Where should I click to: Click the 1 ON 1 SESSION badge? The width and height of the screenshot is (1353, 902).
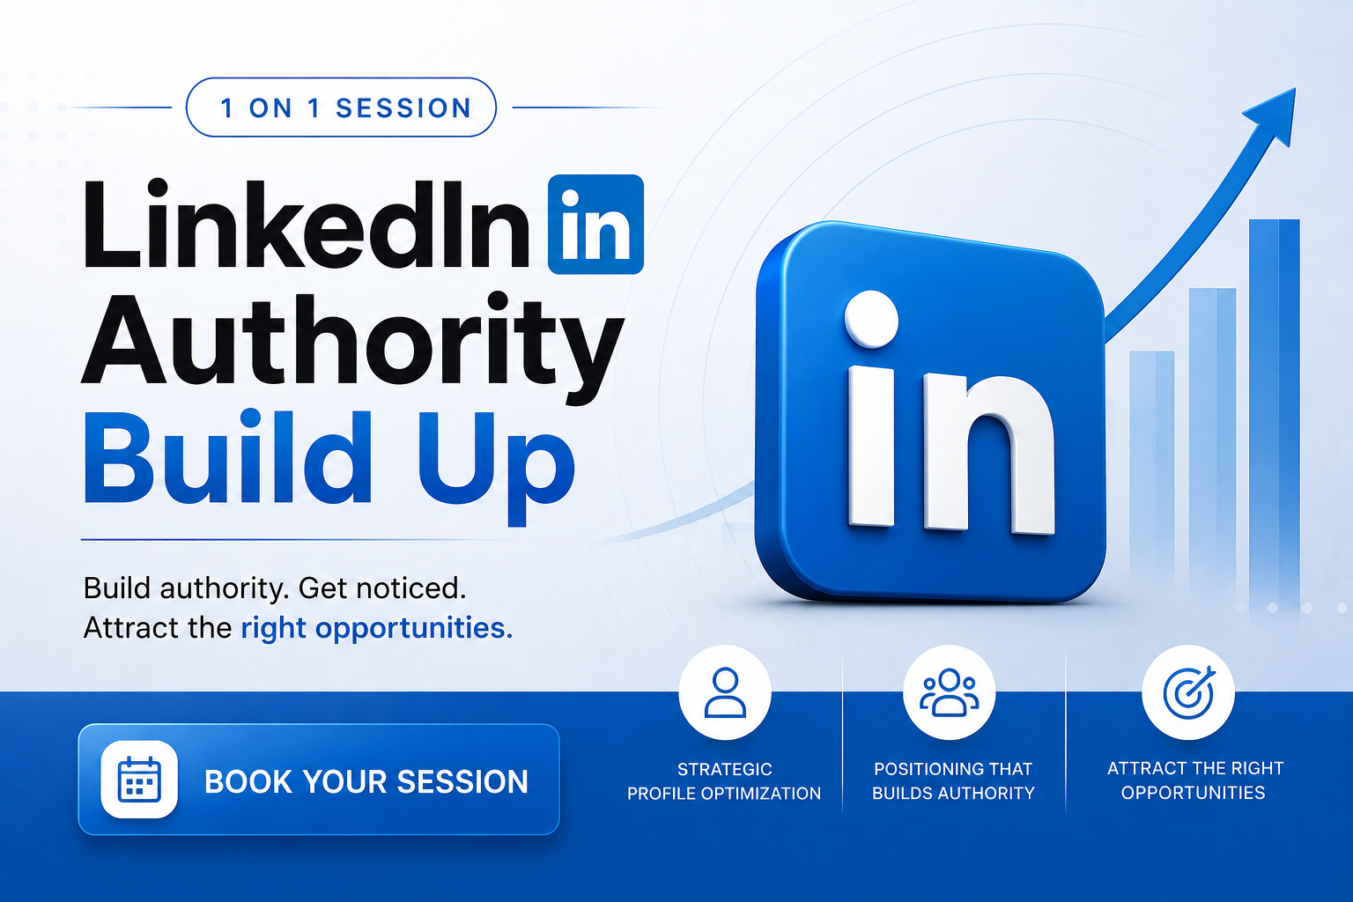341,107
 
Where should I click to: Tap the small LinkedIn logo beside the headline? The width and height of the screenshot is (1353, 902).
595,224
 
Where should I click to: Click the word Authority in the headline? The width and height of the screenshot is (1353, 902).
352,347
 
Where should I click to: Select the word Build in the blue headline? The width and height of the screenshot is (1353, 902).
227,456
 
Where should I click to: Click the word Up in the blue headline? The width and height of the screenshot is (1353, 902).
495,466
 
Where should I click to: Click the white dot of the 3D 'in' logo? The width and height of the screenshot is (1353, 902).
871,319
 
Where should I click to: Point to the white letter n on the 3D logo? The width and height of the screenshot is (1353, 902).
989,452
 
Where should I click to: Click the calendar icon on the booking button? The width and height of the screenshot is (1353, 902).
139,780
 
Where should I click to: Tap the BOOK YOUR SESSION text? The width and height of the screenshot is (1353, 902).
366,781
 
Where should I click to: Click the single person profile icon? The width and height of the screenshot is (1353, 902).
725,692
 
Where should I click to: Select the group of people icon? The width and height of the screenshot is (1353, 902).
949,692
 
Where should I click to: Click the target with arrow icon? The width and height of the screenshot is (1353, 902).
1188,692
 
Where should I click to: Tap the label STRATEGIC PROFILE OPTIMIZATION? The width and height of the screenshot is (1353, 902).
724,780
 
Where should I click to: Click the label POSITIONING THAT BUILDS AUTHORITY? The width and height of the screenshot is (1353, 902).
953,780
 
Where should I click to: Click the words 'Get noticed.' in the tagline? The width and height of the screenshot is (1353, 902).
382,588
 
